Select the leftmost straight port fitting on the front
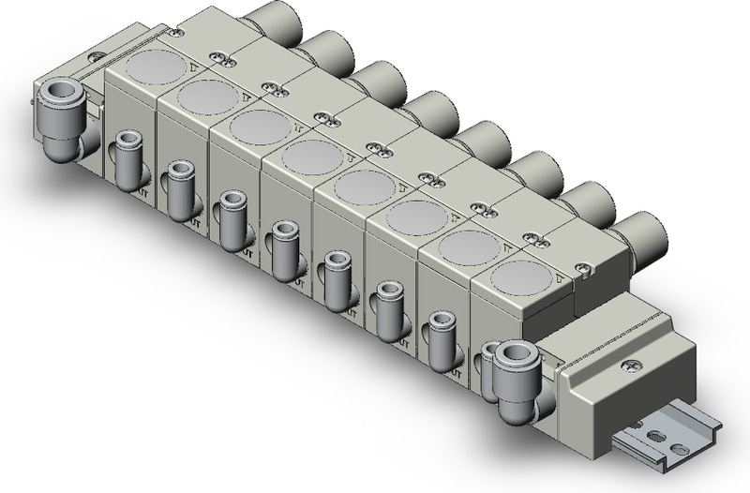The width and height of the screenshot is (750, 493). pos(124,159)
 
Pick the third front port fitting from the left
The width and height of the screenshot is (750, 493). pos(228,219)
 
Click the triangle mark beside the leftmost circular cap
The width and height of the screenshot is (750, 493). pos(193,67)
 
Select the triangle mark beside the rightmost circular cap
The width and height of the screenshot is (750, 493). pos(560,276)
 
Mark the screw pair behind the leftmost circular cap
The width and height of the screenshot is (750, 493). pos(222,59)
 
